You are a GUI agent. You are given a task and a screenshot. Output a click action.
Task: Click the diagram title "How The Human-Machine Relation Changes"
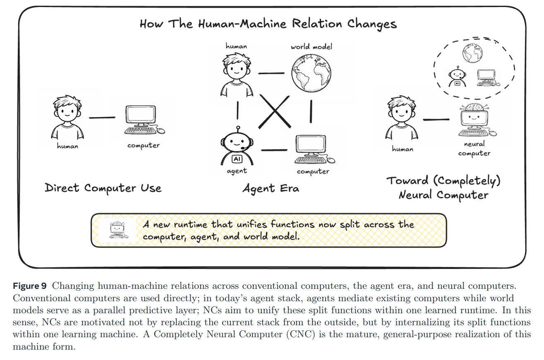[268, 24]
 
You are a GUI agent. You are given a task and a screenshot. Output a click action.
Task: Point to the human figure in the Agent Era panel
[236, 73]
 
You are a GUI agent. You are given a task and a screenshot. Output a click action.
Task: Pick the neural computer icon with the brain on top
[475, 120]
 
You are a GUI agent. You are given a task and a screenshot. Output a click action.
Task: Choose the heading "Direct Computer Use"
[103, 188]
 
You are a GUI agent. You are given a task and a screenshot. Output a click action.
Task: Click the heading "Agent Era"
[271, 189]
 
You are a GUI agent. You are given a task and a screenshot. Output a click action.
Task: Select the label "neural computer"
[475, 149]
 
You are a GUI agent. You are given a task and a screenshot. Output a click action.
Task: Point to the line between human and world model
[272, 73]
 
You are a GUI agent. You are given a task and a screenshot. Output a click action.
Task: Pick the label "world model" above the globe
[311, 46]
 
